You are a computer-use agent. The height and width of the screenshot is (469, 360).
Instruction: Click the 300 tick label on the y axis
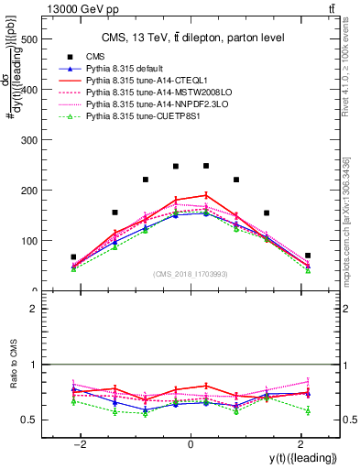click(x=27, y=140)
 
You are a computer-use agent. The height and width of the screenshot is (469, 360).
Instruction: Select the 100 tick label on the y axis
click(x=27, y=241)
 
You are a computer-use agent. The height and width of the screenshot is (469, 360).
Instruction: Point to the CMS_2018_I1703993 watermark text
click(x=191, y=274)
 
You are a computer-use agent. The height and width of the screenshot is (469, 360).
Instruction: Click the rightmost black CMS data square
click(x=308, y=256)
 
